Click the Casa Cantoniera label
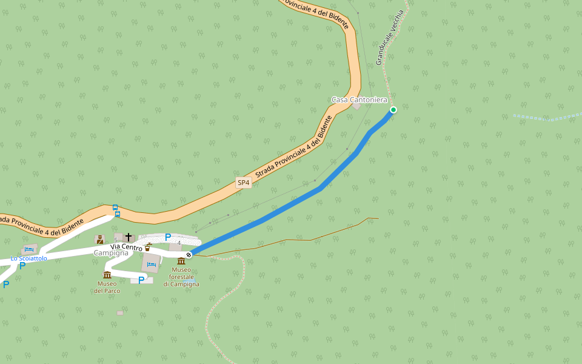coord(359,99)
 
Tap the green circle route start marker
coord(393,110)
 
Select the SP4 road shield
coord(243,182)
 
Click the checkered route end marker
coord(189,255)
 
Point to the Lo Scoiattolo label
coord(28,258)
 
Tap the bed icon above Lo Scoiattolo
coord(28,249)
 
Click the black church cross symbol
coord(128,237)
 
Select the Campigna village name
coord(111,253)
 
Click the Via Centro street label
coord(126,247)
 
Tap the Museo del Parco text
coord(107,287)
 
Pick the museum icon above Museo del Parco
coord(107,275)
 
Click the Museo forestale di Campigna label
coord(181,277)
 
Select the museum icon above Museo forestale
coord(181,261)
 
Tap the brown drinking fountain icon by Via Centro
coord(147,247)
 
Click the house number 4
coord(179,243)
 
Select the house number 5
coord(116,240)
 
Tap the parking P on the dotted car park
coord(168,237)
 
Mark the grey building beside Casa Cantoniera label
coord(356,106)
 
